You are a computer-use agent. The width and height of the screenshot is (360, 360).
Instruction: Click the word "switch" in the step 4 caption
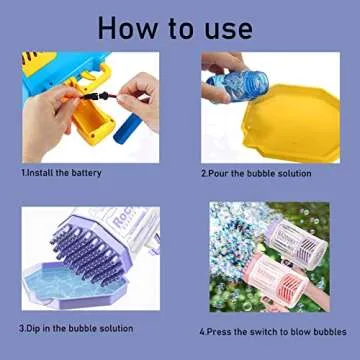pyautogui.click(x=258, y=331)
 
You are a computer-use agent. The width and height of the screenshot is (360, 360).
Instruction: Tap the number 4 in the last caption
pyautogui.click(x=202, y=331)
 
